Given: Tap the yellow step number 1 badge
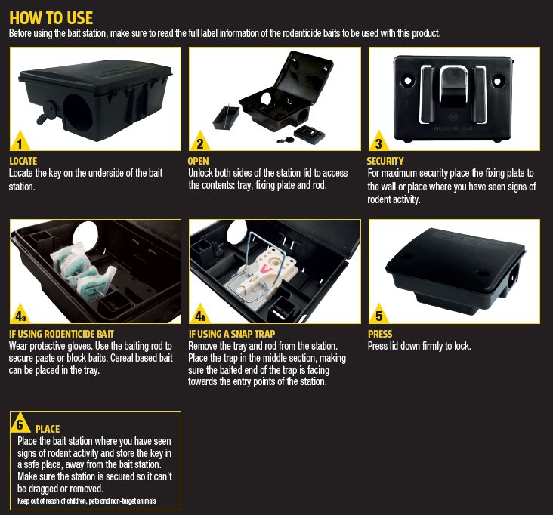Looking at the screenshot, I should point(19,142).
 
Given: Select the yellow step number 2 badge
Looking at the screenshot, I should point(199,142).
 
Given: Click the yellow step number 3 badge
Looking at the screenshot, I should point(378,142).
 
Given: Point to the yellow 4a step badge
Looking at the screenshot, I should point(20,313).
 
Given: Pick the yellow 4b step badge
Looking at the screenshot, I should point(199,313).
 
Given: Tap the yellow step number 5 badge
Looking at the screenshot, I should point(378,313).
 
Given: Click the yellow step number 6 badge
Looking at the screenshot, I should point(22,424).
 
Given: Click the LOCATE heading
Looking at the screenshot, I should point(23,161).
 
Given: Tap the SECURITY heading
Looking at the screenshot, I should point(385,161).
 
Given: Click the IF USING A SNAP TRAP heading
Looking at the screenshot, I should point(231,333).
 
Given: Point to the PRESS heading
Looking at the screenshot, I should point(379,333).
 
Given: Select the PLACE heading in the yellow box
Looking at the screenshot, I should point(48,429).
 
